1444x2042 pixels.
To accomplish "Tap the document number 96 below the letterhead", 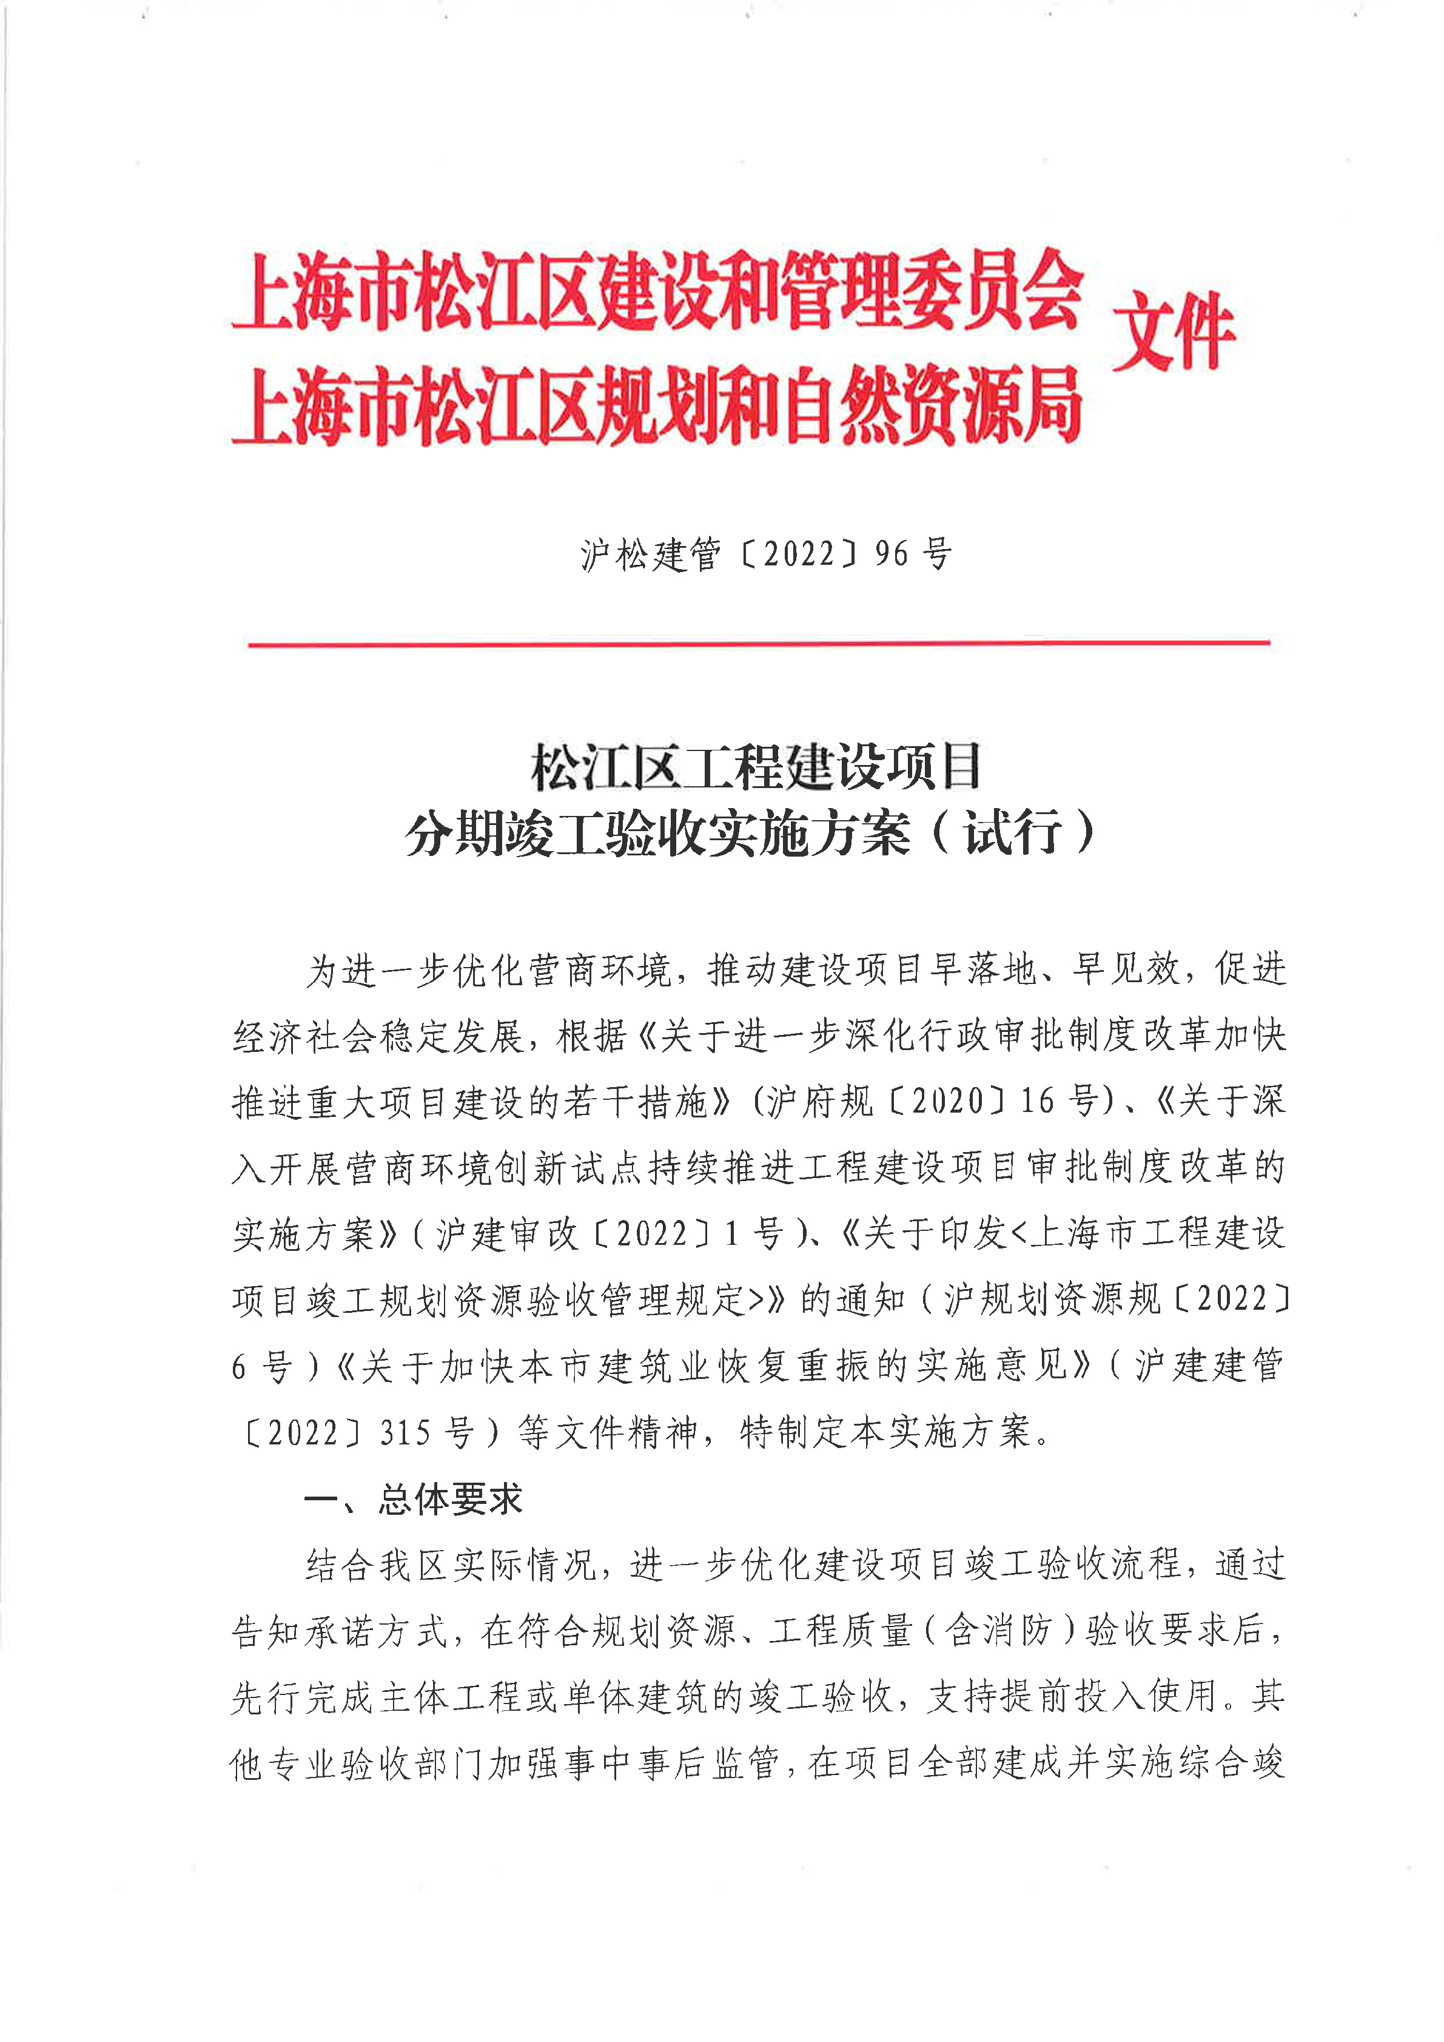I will (891, 554).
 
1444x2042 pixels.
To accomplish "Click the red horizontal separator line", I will (757, 642).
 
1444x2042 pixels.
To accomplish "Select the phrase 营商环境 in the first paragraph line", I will (600, 969).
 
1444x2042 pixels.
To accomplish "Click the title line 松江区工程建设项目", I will (756, 767).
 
